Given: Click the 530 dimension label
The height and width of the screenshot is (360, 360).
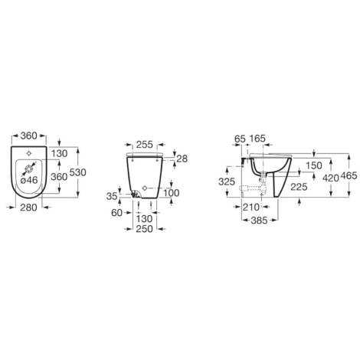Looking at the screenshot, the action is coord(78,172).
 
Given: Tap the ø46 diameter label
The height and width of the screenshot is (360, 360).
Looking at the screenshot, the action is coord(29,180).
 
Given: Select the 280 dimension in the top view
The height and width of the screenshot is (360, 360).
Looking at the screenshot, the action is coord(28,208).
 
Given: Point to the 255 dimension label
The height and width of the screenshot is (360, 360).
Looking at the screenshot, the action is coord(144,145).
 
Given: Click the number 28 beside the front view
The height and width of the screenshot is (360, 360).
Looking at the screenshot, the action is coord(182,159).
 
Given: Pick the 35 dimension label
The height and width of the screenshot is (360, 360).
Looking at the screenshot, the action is coord(112,196).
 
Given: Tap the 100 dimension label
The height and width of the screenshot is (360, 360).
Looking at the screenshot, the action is coord(172,193).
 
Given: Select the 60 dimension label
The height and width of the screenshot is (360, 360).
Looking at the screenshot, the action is coord(117,212).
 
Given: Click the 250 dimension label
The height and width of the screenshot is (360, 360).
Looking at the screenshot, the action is coord(144,229).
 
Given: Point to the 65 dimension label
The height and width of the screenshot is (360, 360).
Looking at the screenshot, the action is coord(240,139).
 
